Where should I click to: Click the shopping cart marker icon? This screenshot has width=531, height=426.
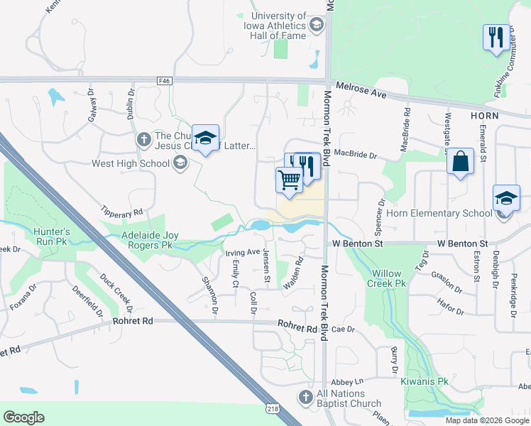[289, 180]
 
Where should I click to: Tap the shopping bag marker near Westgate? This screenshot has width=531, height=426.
[461, 160]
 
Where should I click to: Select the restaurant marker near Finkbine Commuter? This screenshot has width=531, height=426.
[495, 37]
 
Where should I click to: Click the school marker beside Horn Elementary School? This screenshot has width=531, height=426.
[507, 198]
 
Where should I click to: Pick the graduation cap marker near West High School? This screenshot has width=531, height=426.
[205, 138]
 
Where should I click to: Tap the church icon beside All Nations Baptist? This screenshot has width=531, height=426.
[306, 397]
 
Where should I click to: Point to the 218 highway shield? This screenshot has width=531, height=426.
[273, 408]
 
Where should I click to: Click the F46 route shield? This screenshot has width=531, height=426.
[165, 82]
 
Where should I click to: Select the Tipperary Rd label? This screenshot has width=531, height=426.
[122, 212]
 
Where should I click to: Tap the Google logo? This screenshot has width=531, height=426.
[24, 417]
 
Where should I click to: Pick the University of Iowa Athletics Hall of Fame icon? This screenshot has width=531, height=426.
[316, 26]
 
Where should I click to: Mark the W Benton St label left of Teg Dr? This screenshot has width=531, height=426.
[358, 244]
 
